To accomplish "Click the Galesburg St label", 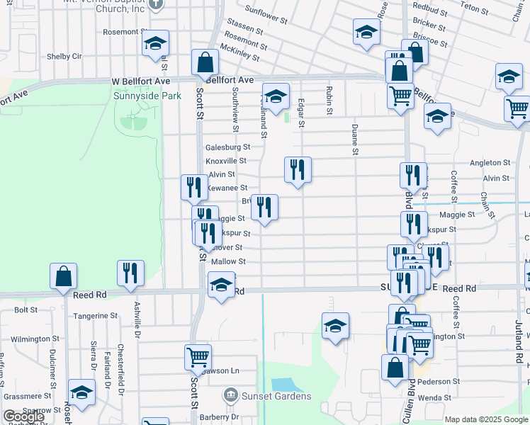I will pyautogui.click(x=228, y=147).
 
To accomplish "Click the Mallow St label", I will pyautogui.click(x=228, y=262).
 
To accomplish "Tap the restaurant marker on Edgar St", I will pyautogui.click(x=298, y=170).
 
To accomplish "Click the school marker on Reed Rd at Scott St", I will pyautogui.click(x=221, y=286).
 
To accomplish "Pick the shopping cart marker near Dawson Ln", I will pyautogui.click(x=198, y=357).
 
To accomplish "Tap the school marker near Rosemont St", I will pyautogui.click(x=155, y=43).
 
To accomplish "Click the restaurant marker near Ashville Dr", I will pyautogui.click(x=130, y=273).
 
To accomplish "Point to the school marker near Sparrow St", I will pyautogui.click(x=81, y=393).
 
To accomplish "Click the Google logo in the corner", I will pyautogui.click(x=24, y=417).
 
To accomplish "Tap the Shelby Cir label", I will pyautogui.click(x=64, y=57).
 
